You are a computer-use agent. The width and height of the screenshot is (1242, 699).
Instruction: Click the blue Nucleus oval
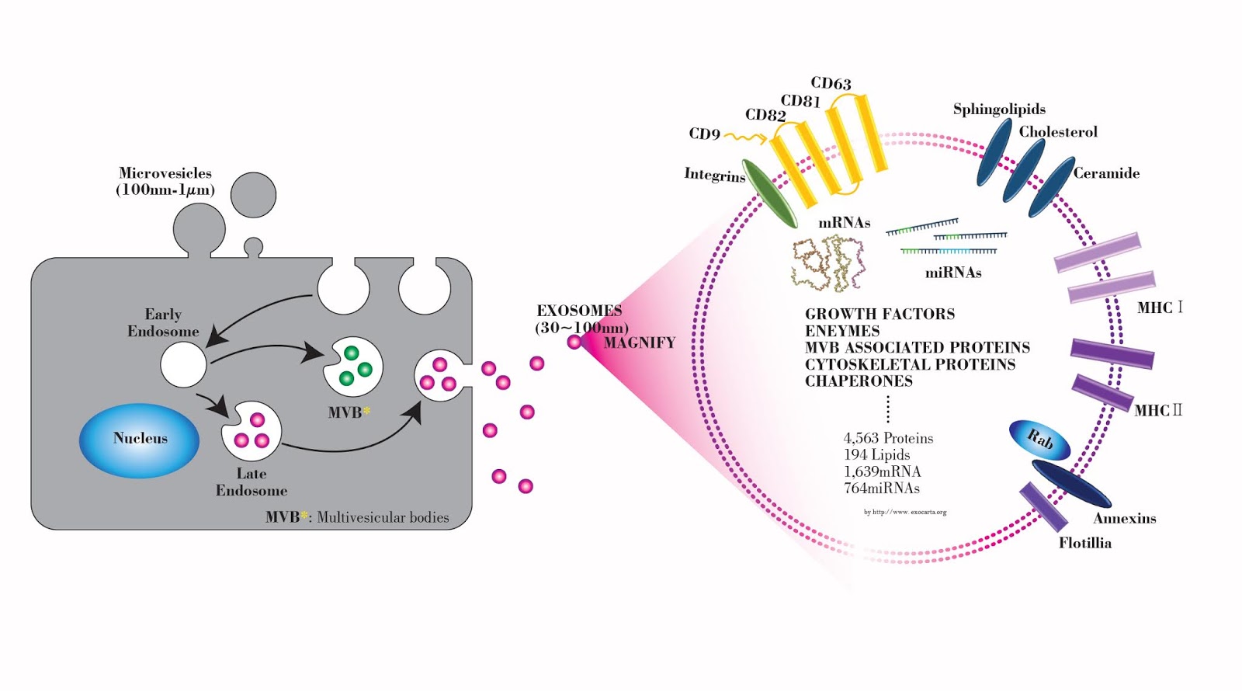[x=140, y=440]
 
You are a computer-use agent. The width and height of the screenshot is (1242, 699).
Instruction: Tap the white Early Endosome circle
[x=183, y=364]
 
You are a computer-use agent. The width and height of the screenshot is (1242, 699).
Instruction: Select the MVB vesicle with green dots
[x=354, y=367]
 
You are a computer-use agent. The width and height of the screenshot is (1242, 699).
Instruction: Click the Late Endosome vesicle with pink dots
[x=252, y=432]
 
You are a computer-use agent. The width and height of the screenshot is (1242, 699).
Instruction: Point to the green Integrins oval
[x=769, y=194]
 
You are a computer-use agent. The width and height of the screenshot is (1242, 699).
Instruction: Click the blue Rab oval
[x=1039, y=440]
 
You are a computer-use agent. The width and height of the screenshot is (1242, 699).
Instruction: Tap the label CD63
[x=831, y=83]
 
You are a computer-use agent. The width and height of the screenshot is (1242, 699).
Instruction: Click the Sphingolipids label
[x=999, y=110]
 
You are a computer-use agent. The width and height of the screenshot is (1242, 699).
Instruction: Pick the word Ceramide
[x=1106, y=173]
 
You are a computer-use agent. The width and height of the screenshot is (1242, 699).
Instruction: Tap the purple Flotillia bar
[x=1043, y=506]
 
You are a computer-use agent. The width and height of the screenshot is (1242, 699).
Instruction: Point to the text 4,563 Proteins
[x=888, y=439]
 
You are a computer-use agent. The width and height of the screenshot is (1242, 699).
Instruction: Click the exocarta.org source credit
[x=905, y=512]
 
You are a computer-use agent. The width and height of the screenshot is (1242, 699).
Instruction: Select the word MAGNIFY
[x=640, y=343]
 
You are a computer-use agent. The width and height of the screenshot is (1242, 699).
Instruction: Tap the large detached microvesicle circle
[x=253, y=195]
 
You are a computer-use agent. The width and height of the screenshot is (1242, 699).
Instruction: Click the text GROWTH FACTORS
[x=879, y=315]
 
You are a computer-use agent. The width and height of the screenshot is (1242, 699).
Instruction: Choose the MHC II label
[x=1157, y=410]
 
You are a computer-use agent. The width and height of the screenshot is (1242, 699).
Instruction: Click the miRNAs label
[x=952, y=273]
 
